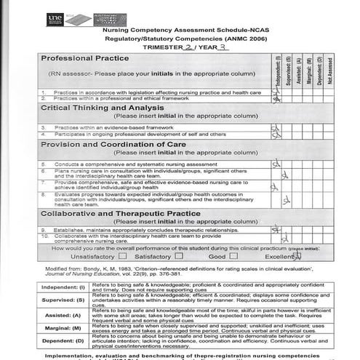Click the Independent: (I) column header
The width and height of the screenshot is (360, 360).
(x=276, y=70)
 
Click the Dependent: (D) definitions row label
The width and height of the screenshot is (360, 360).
(x=61, y=341)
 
